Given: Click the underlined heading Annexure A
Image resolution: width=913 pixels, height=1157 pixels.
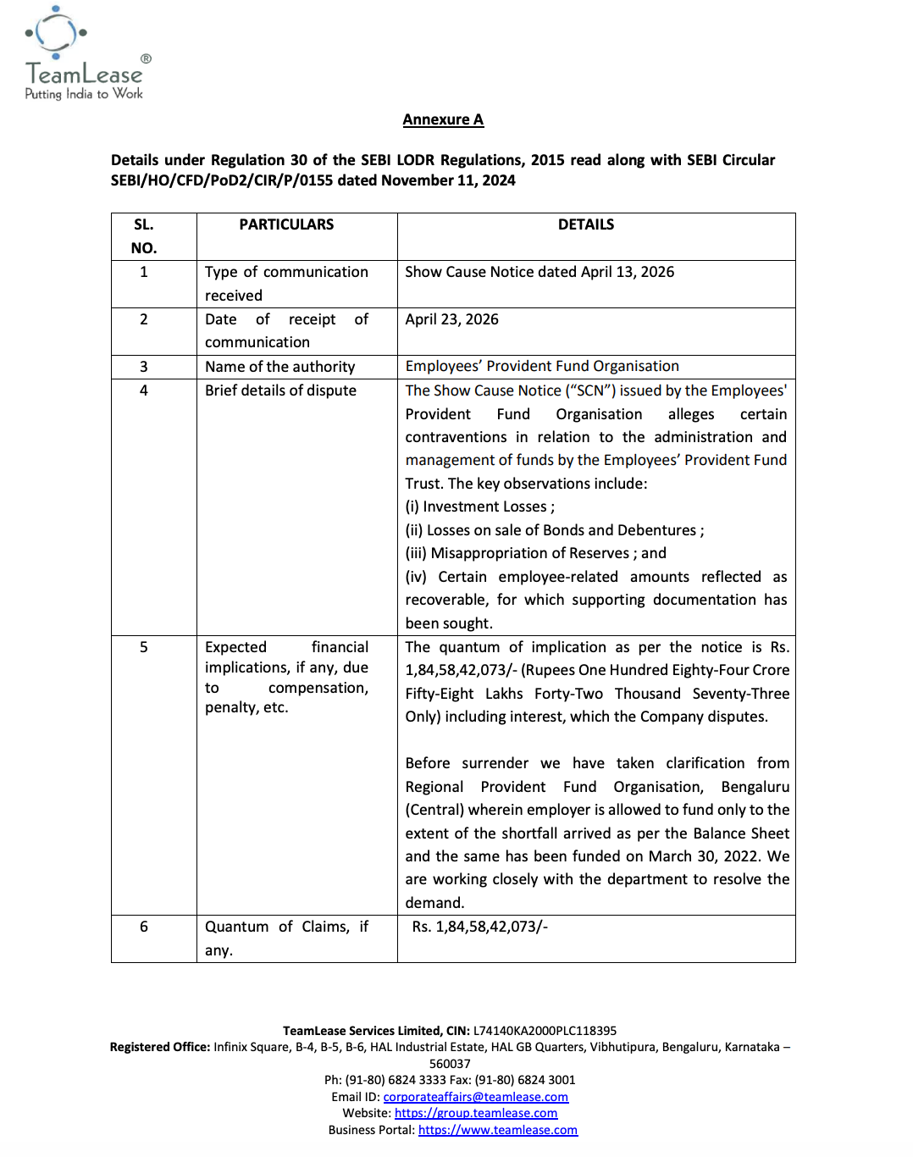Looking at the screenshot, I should click(x=443, y=120).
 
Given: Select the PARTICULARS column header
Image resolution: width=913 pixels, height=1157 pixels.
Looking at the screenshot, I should click(x=286, y=224).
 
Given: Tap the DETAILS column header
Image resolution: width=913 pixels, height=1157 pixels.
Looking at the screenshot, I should click(x=585, y=224).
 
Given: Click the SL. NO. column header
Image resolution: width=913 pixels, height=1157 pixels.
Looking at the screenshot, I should click(x=144, y=236).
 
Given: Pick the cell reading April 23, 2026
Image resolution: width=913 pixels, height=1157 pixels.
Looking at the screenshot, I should click(x=451, y=319).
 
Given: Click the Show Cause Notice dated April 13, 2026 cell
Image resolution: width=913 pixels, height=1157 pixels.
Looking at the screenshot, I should click(x=539, y=272).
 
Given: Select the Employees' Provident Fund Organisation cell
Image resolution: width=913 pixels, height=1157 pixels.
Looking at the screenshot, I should click(x=542, y=366).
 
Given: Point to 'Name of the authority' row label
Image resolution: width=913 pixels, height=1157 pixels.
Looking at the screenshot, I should click(x=279, y=367).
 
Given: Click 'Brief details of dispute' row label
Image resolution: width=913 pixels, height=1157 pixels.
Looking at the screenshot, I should click(x=280, y=390).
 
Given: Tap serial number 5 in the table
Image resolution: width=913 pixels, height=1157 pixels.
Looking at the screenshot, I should click(x=144, y=647).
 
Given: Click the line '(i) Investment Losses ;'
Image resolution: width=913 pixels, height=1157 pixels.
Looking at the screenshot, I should click(x=480, y=507).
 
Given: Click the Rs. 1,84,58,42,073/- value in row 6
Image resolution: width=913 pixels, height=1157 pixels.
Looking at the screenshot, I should click(x=479, y=927).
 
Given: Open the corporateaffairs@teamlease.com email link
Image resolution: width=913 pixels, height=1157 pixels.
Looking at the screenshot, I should click(x=475, y=1097).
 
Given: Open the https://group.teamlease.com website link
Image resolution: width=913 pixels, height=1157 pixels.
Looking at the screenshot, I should click(x=476, y=1113).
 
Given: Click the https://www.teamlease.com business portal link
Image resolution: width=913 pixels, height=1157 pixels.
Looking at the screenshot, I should click(x=498, y=1130).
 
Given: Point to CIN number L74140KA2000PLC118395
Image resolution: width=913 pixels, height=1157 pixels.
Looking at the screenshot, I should click(x=545, y=1031).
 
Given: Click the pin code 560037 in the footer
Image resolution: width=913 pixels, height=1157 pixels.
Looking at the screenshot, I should click(x=450, y=1064).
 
